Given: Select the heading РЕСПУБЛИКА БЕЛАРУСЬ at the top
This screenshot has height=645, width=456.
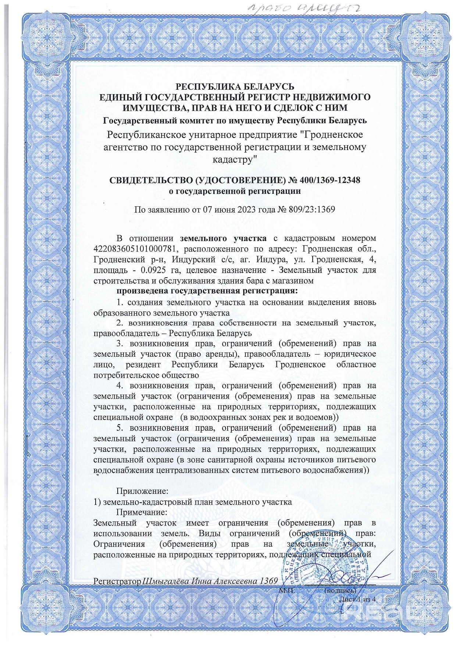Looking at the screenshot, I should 235,86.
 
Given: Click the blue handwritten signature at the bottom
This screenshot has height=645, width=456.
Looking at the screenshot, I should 353,577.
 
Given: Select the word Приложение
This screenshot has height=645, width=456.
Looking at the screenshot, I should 142,491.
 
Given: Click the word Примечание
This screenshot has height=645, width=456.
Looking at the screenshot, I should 142,512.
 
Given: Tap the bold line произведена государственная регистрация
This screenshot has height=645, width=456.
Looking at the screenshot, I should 207,291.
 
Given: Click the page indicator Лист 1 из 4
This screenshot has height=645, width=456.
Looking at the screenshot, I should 357,599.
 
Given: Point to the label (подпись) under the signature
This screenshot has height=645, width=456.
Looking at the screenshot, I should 340,591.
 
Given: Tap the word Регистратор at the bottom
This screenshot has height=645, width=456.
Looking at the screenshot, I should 117,581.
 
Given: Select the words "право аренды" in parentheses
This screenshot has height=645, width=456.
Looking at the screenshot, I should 207,354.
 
